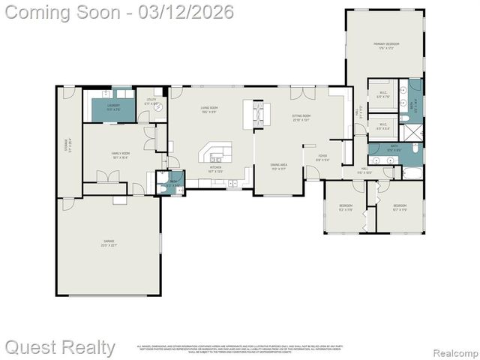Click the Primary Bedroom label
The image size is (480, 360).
pyautogui.click(x=386, y=45)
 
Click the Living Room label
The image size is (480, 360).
pyautogui.click(x=208, y=109)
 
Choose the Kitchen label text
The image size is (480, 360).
pyautogui.click(x=215, y=169)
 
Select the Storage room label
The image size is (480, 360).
pyautogui.click(x=67, y=143)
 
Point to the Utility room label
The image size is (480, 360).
pyautogui.click(x=150, y=103)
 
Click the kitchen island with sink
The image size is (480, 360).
pyautogui.click(x=217, y=154)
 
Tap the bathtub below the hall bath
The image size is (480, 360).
pyautogui.click(x=412, y=173)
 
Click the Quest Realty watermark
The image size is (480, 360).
pyautogui.click(x=60, y=347)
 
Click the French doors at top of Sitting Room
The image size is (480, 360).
pyautogui.click(x=302, y=93)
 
